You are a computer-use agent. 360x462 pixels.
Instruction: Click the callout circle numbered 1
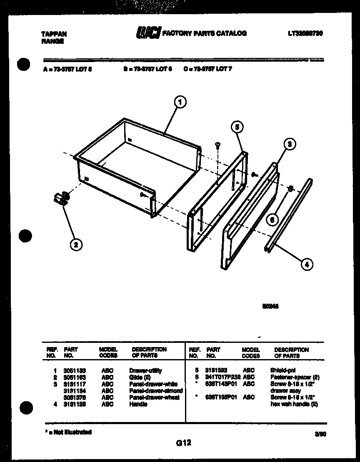(180, 102)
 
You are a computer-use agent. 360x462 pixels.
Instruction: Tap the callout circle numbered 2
(75, 245)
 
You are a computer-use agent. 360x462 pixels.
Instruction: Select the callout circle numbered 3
(290, 144)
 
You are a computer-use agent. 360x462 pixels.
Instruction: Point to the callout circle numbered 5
(237, 127)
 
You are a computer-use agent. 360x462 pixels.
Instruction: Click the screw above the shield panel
(217, 145)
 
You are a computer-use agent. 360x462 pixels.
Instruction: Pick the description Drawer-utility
(145, 370)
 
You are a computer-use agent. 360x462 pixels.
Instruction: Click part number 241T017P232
(222, 377)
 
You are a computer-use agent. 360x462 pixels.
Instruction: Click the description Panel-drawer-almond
(156, 391)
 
